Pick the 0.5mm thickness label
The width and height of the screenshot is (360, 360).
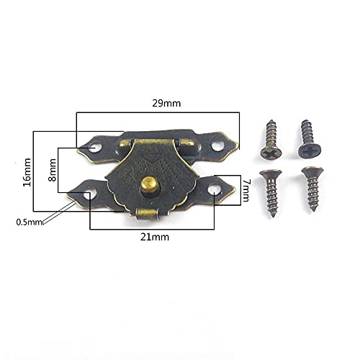[29, 222]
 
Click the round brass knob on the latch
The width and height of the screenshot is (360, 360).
[149, 185]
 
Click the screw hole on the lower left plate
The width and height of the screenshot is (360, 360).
[91, 193]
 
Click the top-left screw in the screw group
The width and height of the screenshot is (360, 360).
[269, 140]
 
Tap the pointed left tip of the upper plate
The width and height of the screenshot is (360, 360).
[80, 150]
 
